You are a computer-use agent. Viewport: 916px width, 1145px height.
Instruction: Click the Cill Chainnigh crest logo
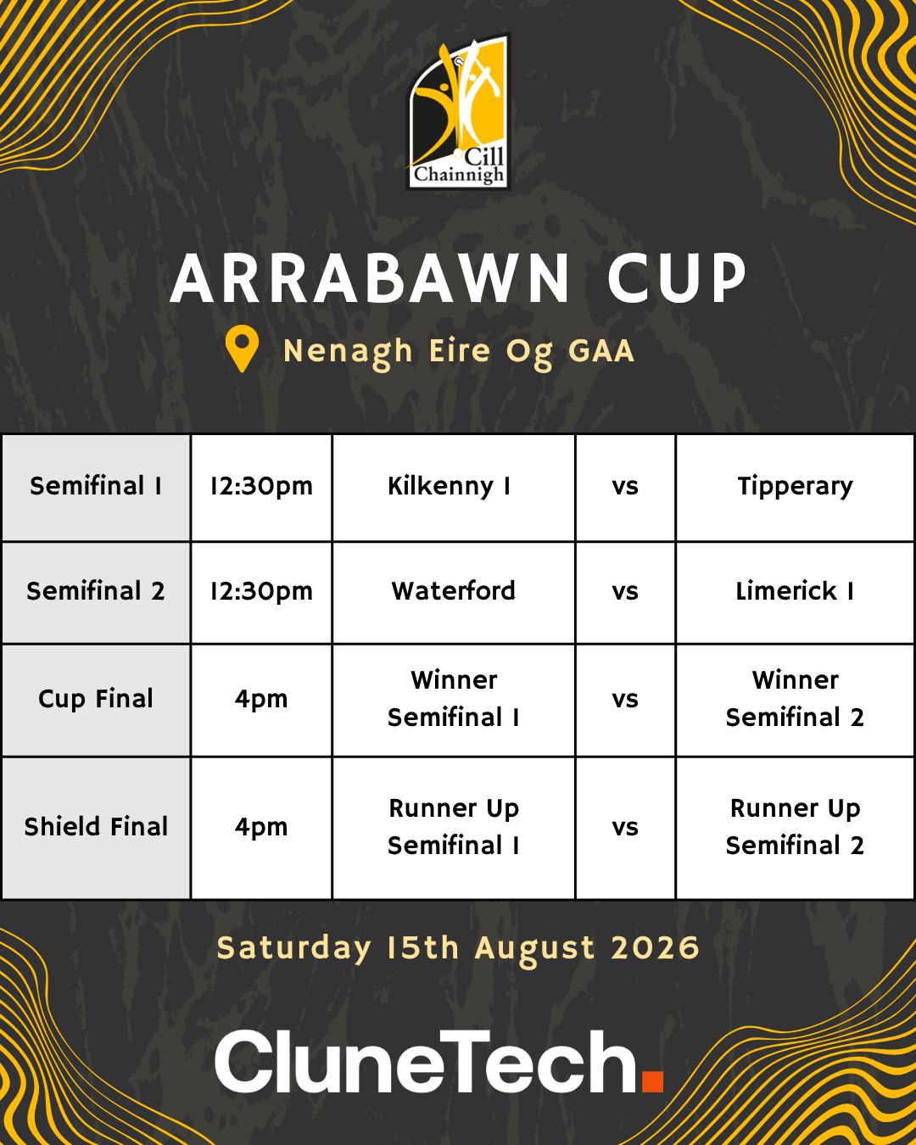coord(458,112)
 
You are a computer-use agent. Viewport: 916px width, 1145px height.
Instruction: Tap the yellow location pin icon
coord(242,349)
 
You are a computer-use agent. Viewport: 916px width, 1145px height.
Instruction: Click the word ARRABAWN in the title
coord(370,278)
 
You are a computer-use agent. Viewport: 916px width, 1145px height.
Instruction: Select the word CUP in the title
coord(677,278)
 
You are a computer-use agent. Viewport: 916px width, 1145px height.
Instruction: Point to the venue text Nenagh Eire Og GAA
coord(458,352)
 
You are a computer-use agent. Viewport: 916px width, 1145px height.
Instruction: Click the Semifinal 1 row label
coord(96,486)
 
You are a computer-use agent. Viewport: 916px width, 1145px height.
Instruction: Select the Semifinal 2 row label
coord(96,591)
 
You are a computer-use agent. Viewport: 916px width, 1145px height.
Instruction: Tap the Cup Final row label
coord(96,699)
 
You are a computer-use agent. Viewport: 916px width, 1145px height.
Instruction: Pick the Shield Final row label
coord(96,827)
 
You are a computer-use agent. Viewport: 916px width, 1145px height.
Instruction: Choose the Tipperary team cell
coord(796,487)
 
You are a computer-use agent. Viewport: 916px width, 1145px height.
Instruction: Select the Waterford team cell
coord(454,591)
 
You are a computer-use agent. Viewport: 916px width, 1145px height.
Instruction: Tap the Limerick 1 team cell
coord(796,591)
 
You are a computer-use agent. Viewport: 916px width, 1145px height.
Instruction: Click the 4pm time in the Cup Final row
coord(261,699)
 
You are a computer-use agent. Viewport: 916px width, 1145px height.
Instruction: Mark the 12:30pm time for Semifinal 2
coord(261,592)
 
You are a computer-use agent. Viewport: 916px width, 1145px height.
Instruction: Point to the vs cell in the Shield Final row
coord(625,828)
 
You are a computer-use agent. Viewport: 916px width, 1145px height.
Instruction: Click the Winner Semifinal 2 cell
coord(796,699)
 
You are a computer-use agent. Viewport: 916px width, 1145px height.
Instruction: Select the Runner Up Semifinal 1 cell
coord(454,827)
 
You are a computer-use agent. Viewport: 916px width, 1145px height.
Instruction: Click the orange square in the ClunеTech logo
coord(652,1081)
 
